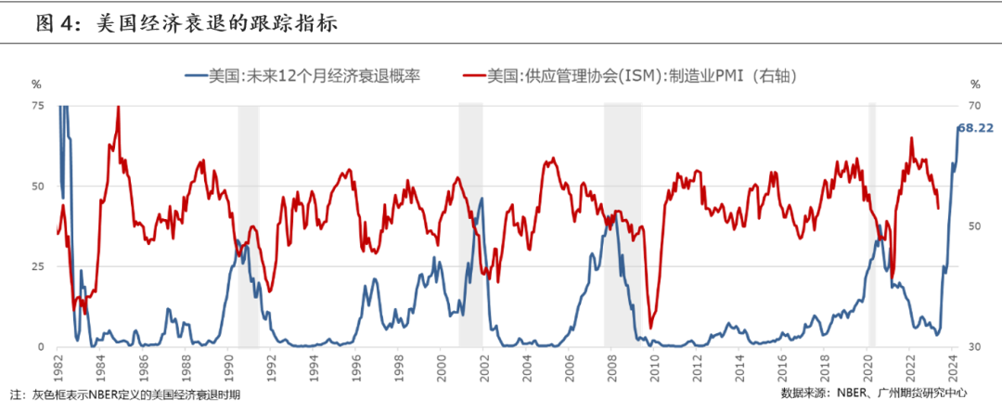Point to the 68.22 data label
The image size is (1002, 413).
(975, 128)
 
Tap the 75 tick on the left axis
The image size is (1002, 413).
(37, 106)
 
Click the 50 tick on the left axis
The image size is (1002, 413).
(37, 187)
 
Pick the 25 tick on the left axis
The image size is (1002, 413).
(37, 267)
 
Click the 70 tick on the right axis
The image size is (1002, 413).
(975, 106)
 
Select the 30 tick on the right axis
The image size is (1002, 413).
(975, 347)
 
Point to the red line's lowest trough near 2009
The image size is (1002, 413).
(650, 327)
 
